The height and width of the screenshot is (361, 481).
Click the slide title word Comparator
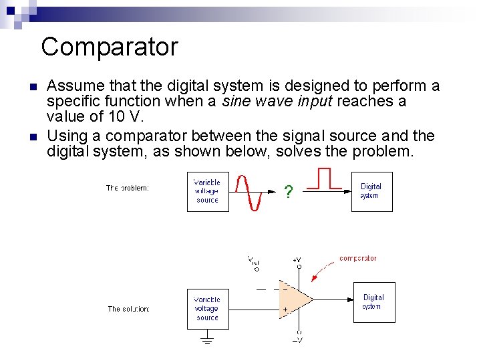pyautogui.click(x=110, y=47)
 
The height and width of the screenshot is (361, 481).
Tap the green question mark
pyautogui.click(x=288, y=193)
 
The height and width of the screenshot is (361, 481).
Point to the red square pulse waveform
pyautogui.click(x=324, y=179)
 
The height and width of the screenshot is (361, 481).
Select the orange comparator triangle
pyautogui.click(x=295, y=299)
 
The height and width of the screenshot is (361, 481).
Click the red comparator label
pyautogui.click(x=357, y=258)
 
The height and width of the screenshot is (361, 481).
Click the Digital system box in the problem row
pyautogui.click(x=371, y=192)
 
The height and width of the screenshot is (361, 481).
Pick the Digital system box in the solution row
pyautogui.click(x=373, y=302)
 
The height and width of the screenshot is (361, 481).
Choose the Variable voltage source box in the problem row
pyautogui.click(x=207, y=192)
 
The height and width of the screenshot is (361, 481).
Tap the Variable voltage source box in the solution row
pyautogui.click(x=207, y=309)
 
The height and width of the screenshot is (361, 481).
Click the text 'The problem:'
pyautogui.click(x=128, y=188)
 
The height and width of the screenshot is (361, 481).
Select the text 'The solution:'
pyautogui.click(x=129, y=309)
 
